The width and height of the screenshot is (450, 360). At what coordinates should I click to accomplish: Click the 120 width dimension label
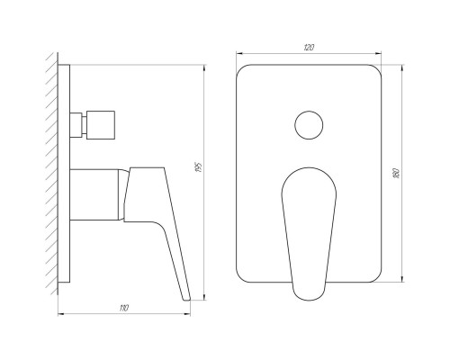pos(309,48)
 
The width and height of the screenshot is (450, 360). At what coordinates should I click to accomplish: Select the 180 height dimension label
pos(395,174)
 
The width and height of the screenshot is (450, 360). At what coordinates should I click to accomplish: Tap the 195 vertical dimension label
pos(198,167)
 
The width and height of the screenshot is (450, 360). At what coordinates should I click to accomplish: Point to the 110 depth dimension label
pos(123,308)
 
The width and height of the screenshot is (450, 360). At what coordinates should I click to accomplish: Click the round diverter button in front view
pos(309,125)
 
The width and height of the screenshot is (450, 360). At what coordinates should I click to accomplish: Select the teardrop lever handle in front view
pos(309,234)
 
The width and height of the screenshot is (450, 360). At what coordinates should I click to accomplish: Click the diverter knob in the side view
pos(101,125)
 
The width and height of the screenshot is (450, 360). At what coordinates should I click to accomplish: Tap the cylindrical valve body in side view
pos(94,195)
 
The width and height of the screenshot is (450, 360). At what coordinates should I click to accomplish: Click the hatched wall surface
pos(52,174)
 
